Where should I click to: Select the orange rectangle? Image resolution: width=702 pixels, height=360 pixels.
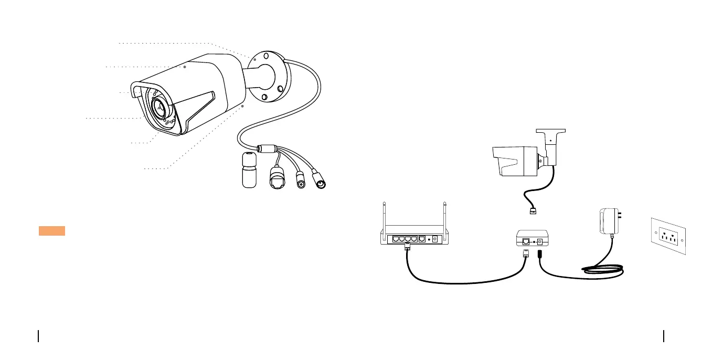point(51,231)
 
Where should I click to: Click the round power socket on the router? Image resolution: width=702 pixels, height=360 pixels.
point(434,240)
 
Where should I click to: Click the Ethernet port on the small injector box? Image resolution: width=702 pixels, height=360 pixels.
point(526,242)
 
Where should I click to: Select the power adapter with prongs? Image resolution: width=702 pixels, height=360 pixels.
point(609,222)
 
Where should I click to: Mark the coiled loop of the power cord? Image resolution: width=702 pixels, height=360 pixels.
point(603,269)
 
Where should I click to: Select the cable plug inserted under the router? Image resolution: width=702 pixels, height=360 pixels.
point(407,248)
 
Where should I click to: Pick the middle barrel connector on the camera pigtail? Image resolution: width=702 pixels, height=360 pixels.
point(301,181)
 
